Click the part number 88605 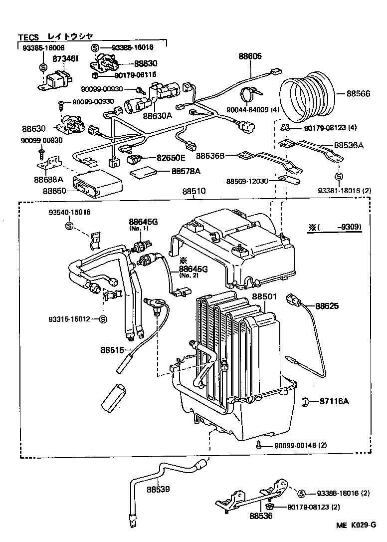(249, 57)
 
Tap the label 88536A (349, 146)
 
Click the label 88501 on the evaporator (264, 296)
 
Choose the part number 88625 (327, 306)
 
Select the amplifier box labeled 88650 (97, 184)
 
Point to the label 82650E (171, 158)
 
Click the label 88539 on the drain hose (159, 490)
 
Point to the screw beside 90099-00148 (259, 444)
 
